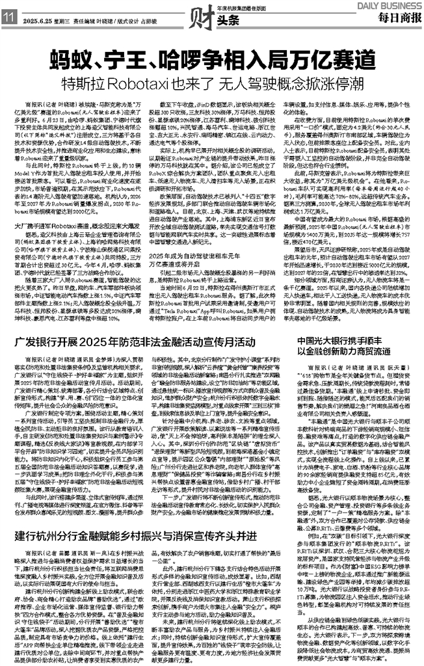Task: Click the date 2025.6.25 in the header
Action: point(39,20)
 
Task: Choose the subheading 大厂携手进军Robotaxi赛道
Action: point(55,187)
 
